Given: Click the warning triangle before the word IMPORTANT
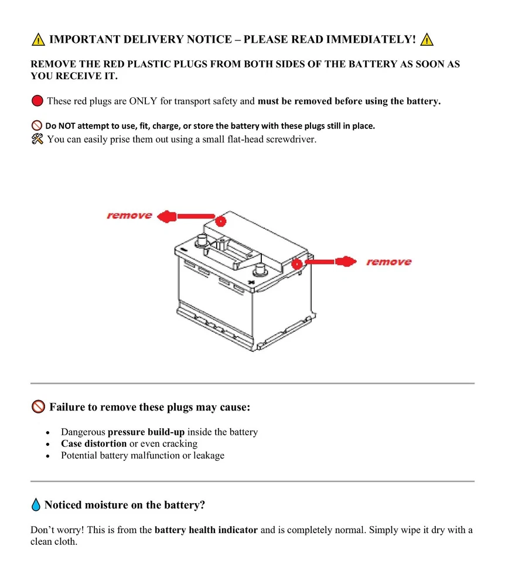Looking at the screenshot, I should [38, 40].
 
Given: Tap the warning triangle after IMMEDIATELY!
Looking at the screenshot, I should [428, 40].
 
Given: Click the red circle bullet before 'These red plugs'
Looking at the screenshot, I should [37, 101].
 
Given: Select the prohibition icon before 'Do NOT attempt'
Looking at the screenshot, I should [36, 126].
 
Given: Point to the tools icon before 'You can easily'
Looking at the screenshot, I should [37, 139].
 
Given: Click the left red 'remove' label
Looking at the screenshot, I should [129, 216].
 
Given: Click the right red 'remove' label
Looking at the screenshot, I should [388, 262].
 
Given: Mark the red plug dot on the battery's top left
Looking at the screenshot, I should [220, 221].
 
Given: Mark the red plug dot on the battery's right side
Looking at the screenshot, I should [297, 264].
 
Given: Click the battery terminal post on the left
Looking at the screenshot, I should [202, 240].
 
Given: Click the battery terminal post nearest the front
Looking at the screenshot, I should [258, 271].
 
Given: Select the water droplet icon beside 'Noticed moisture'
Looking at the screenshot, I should [36, 505].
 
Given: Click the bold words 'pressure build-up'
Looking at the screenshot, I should [146, 432].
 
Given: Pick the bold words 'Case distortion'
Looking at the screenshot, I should [94, 444].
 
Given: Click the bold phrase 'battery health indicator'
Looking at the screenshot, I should [206, 530].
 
